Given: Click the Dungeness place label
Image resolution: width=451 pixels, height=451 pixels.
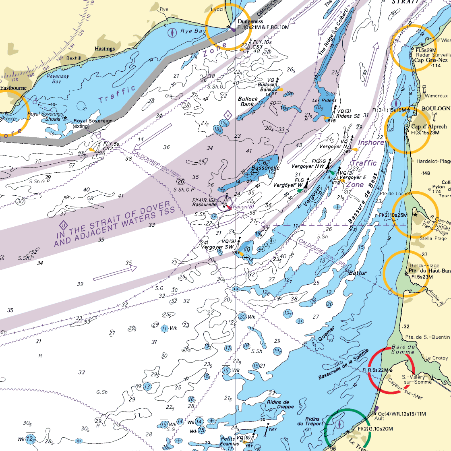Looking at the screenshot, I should click(x=250, y=21).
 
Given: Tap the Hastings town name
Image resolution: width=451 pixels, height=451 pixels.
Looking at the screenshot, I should click(x=104, y=49).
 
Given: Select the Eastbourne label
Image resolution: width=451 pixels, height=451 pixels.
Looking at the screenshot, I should click(x=13, y=87).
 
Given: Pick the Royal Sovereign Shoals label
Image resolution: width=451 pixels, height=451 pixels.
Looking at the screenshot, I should click(x=44, y=116).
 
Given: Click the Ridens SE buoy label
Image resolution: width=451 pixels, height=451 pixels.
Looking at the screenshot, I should click(x=348, y=116).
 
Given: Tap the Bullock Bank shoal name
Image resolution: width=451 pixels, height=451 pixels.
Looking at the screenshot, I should click(x=248, y=101).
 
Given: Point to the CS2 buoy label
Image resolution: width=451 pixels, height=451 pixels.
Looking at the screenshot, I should click(x=108, y=148).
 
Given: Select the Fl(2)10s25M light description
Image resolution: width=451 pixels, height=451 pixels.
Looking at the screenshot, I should click(x=393, y=215).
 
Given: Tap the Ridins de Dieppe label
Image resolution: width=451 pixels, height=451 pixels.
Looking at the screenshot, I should click(x=278, y=404).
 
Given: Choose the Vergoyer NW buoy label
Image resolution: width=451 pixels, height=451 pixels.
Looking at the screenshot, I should click(x=308, y=166).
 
